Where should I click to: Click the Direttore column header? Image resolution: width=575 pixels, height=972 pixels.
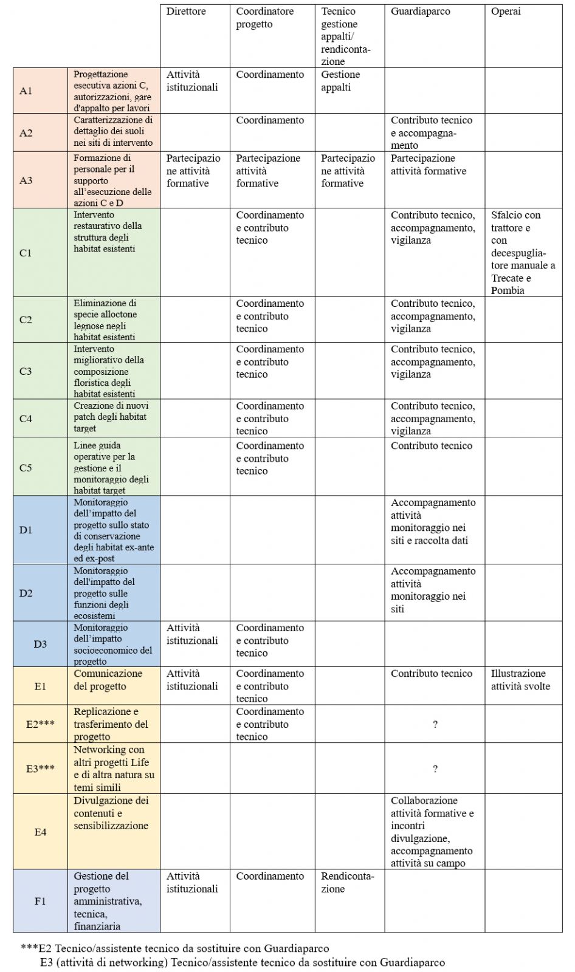186,12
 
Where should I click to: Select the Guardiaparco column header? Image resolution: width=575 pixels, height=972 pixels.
421,12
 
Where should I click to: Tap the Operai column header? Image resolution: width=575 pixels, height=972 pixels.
506,12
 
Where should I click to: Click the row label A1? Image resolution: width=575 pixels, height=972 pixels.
26,91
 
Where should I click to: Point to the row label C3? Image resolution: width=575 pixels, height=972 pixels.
26,371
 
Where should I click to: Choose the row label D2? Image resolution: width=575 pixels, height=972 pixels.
26,593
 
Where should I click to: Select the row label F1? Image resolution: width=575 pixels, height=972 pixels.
40,901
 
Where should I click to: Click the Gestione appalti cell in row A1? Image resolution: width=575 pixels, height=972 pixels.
340,81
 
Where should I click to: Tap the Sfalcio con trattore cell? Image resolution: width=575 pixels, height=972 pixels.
523,252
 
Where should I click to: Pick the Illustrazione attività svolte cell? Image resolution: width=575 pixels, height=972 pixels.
520,680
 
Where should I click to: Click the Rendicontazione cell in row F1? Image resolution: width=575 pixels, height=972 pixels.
347,882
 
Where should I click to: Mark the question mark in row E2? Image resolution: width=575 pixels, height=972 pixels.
435,724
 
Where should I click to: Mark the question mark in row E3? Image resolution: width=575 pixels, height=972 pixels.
435,769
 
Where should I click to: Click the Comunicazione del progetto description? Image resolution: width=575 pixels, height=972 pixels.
108,680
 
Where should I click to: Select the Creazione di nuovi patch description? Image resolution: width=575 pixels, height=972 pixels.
111,417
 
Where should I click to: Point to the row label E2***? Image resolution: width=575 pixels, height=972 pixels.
40,724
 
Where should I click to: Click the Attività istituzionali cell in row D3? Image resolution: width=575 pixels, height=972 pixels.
192,634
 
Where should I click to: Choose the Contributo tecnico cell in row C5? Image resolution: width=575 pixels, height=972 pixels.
431,446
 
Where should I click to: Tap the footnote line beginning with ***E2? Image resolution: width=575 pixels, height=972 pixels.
175,948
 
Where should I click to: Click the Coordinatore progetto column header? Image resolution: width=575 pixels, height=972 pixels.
264,18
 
